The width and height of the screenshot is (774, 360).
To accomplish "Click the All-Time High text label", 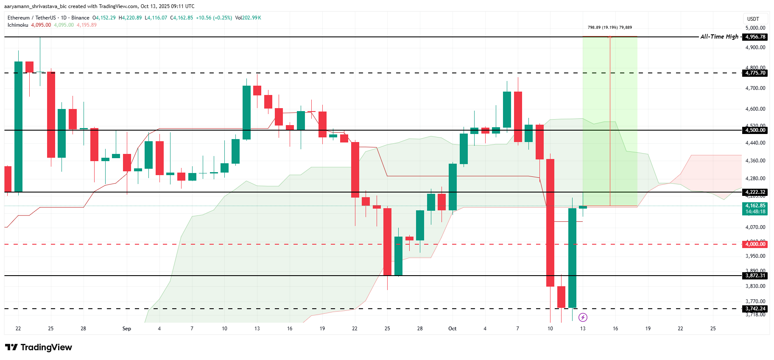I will click(x=719, y=37).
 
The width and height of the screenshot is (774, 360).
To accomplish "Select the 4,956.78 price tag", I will click(x=756, y=37).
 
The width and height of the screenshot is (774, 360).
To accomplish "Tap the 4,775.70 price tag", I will click(x=756, y=73).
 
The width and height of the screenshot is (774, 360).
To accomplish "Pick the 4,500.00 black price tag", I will click(x=756, y=130).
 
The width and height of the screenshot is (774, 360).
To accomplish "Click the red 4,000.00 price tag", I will click(x=756, y=244).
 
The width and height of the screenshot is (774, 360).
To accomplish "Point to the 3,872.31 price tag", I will click(x=756, y=276).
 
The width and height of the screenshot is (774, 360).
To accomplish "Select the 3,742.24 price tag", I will click(x=756, y=309).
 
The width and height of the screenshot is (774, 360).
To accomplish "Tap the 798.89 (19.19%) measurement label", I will click(x=609, y=28).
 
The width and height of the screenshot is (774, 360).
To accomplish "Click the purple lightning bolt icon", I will click(x=583, y=317).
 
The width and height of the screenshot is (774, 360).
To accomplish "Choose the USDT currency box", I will click(x=753, y=19).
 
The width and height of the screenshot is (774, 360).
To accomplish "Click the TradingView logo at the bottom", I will click(x=39, y=347).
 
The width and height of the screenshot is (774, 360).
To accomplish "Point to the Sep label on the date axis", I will click(x=126, y=329).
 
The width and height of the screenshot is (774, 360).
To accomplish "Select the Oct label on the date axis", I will click(x=452, y=329).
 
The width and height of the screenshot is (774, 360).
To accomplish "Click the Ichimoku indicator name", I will click(x=18, y=25).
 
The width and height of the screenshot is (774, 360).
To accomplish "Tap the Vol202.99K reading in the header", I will click(x=248, y=18).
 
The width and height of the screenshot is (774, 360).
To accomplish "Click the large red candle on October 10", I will click(x=550, y=223).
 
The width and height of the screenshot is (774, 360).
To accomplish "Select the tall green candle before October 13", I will click(x=572, y=258).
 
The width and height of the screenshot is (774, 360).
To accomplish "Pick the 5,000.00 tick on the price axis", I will click(x=755, y=28).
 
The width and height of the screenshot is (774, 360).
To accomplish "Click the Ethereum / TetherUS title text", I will click(x=31, y=18).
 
